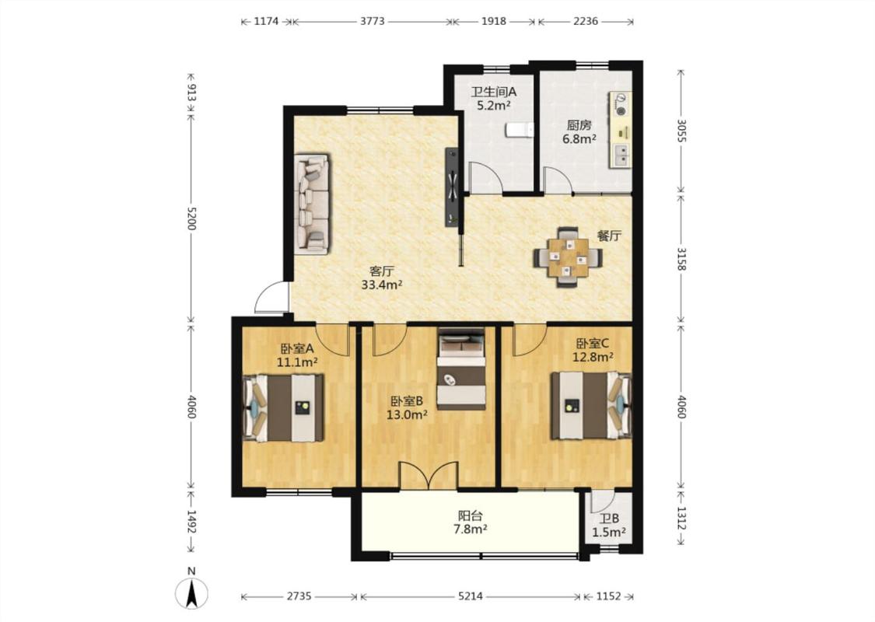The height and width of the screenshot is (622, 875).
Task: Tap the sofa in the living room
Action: pyautogui.click(x=313, y=203)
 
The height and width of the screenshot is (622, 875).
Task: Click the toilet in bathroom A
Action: pyautogui.click(x=519, y=130)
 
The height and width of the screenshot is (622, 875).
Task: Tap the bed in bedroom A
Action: pyautogui.click(x=283, y=407)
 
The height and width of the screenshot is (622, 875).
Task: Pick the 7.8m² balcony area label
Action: pyautogui.click(x=472, y=528)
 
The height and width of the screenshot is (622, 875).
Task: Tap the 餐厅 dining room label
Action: pyautogui.click(x=609, y=236)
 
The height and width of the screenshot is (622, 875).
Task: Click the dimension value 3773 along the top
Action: pyautogui.click(x=373, y=21)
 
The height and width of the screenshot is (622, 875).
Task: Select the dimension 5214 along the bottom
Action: pyautogui.click(x=471, y=596)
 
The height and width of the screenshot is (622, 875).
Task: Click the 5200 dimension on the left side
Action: pyautogui.click(x=191, y=218)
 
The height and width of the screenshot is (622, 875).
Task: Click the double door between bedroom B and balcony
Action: pyautogui.click(x=429, y=476)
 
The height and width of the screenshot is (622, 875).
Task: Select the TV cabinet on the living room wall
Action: pyautogui.click(x=452, y=187)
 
